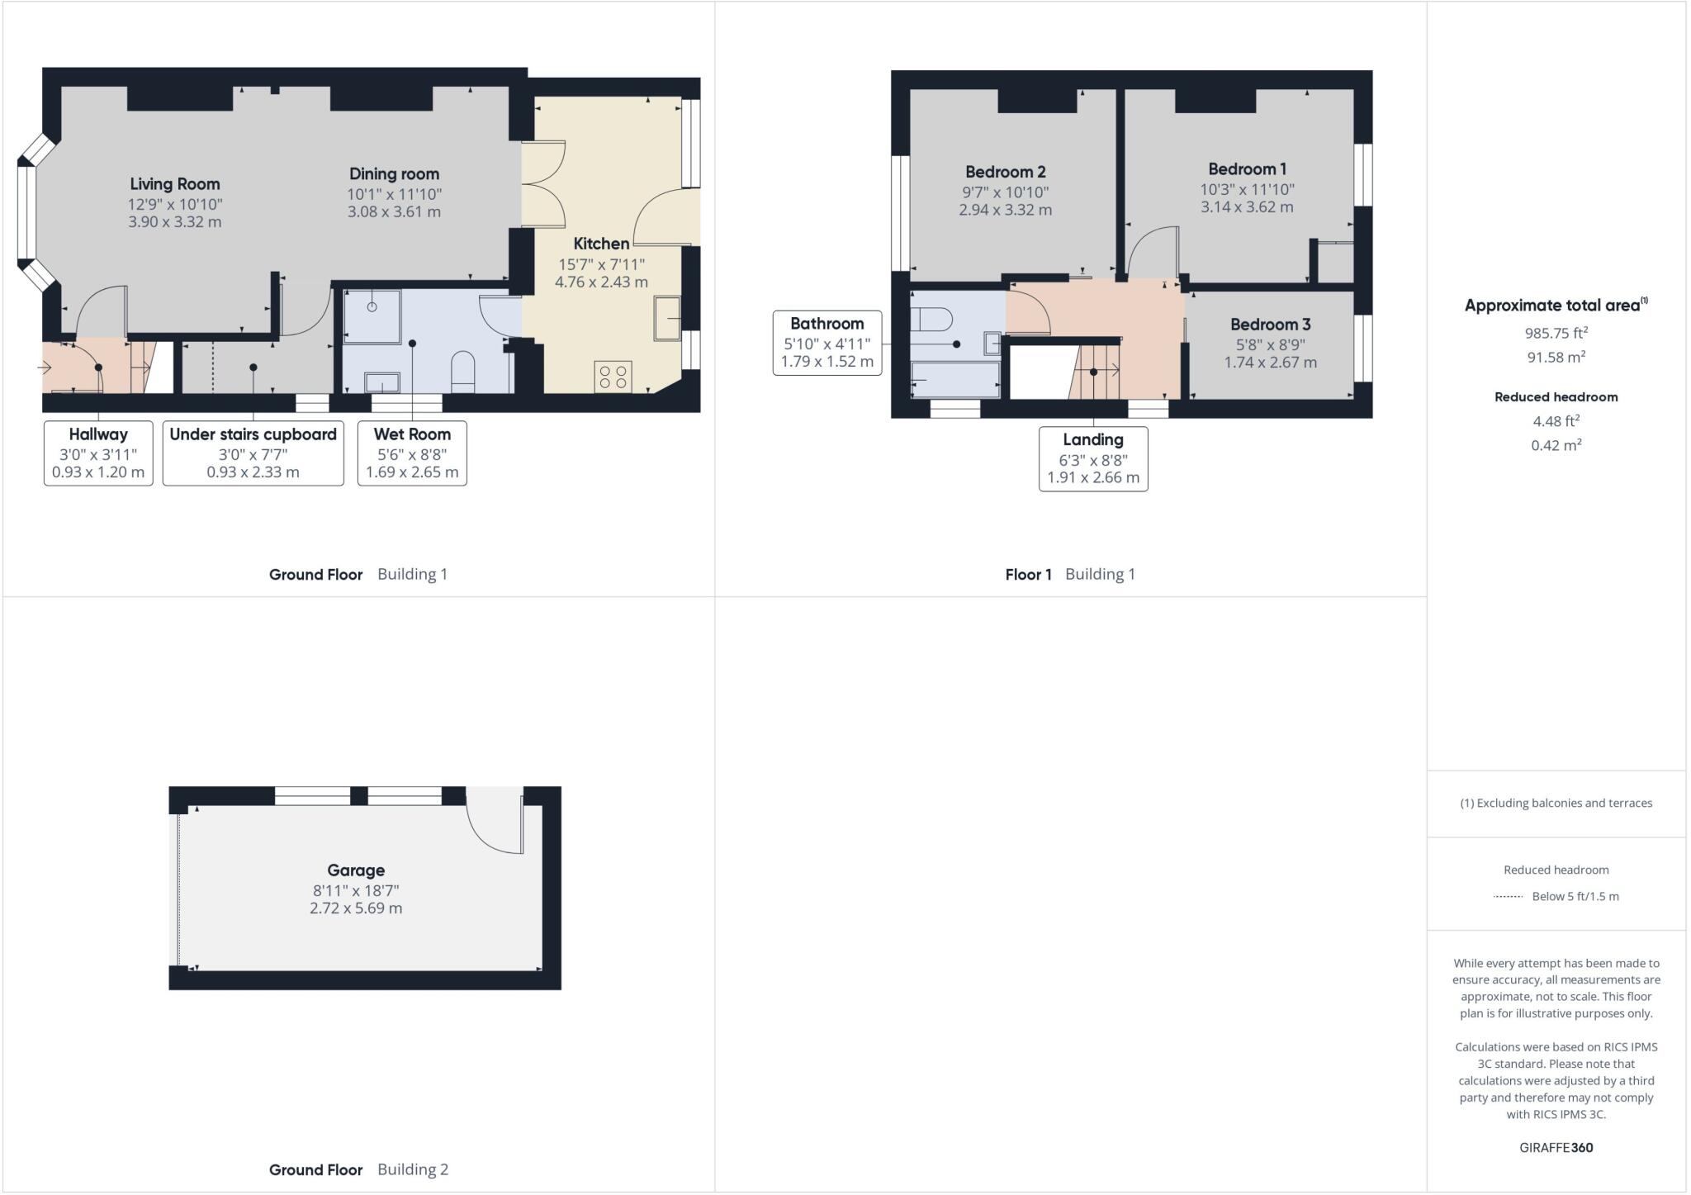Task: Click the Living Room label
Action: [174, 184]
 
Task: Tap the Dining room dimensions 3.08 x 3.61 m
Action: [394, 212]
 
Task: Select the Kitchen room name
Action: [601, 244]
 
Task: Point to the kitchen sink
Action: [667, 318]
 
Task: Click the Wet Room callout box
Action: [412, 453]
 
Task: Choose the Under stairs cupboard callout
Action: [253, 453]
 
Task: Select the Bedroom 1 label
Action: [1247, 169]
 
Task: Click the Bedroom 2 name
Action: [1005, 172]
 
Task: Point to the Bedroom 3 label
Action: [1270, 325]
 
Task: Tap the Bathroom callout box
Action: [827, 342]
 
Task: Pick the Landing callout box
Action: [1092, 458]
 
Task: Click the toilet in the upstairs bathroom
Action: [931, 318]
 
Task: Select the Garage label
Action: [356, 870]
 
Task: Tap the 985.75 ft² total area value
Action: [1556, 333]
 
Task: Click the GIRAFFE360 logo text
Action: [1556, 1147]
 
